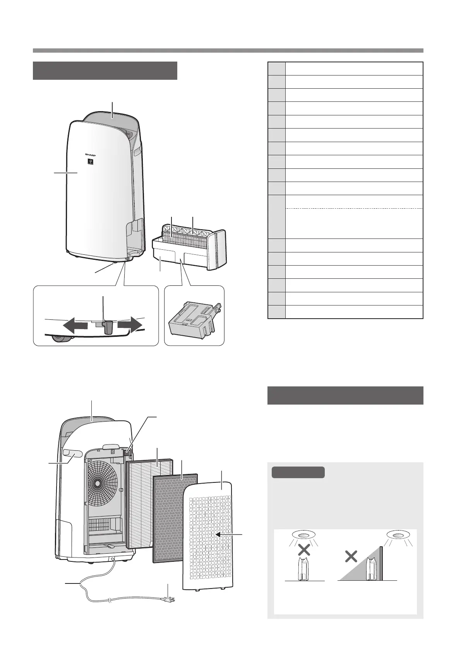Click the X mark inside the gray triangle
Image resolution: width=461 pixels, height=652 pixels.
351,557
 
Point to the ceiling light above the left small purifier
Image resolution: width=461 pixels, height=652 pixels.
303,535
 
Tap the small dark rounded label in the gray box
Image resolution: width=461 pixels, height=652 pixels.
298,472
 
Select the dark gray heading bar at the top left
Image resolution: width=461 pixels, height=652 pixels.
105,70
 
